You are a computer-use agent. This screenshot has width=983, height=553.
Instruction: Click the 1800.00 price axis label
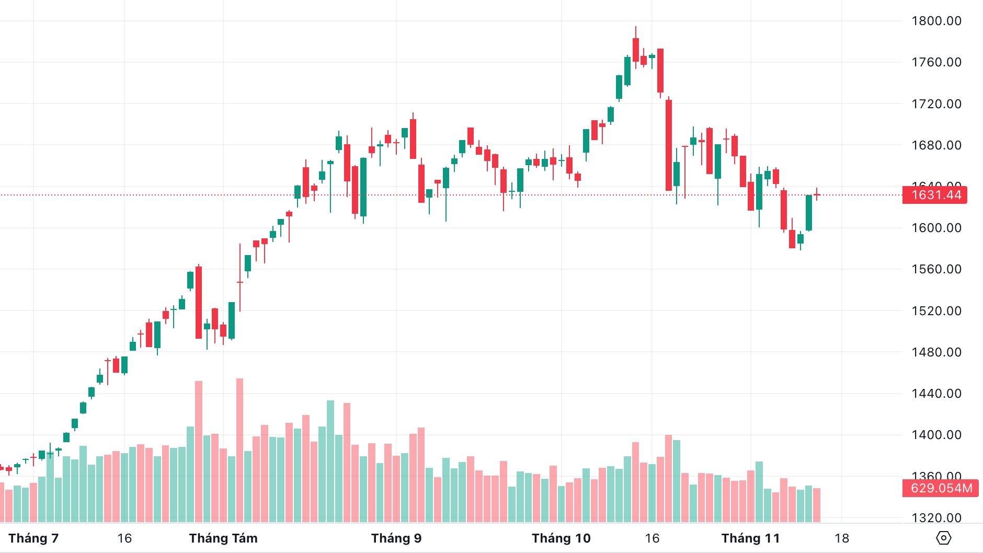point(936,21)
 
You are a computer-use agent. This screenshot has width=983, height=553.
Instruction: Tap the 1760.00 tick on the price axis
point(936,62)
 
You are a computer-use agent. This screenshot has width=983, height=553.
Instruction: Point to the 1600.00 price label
point(936,228)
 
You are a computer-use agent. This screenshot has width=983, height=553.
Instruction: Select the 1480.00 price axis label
point(936,352)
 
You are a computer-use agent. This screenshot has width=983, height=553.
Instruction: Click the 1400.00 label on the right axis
point(936,435)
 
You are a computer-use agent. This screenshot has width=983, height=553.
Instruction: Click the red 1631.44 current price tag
point(935,195)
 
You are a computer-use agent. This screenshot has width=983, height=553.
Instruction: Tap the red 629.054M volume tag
point(941,488)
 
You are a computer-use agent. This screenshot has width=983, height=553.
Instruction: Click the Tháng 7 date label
point(33,538)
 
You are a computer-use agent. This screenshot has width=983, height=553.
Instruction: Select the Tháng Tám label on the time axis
point(223,538)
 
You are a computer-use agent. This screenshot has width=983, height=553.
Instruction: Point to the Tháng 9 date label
point(396,538)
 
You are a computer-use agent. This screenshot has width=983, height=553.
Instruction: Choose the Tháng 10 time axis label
point(561,538)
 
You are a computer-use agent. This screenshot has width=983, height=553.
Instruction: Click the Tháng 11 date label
point(750,538)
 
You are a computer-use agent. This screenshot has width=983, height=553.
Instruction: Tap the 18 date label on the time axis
point(841,538)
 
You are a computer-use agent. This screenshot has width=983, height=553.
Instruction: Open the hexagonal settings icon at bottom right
point(943,538)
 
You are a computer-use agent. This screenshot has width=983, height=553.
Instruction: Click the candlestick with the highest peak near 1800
point(636,50)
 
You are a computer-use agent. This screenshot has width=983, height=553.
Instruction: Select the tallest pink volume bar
point(240,450)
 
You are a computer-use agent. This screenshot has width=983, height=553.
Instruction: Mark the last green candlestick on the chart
point(809,213)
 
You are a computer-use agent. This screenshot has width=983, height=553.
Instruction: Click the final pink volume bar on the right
point(817,505)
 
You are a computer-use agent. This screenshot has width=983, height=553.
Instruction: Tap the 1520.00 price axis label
point(936,311)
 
